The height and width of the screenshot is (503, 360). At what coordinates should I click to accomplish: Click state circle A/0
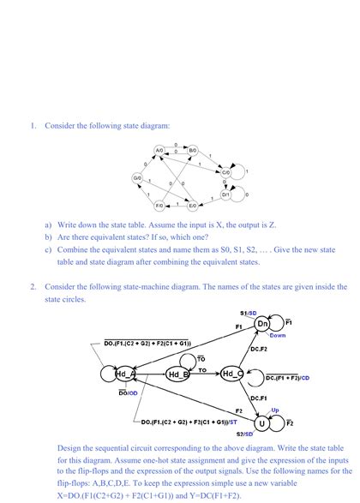coord(159,150)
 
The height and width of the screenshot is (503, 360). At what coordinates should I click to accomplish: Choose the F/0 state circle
coord(159,206)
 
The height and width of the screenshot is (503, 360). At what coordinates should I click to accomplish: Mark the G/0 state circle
coord(137,177)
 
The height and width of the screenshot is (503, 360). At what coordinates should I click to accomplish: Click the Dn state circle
coord(262,325)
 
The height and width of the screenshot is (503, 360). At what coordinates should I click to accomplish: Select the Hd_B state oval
coord(177,374)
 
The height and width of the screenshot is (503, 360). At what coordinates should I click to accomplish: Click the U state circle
coord(261,422)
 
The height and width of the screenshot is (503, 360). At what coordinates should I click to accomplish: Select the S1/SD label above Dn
coord(248,313)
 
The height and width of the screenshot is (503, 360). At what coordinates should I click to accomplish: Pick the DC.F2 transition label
coord(260,350)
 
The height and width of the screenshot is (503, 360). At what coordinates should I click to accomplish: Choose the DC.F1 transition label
coord(259,398)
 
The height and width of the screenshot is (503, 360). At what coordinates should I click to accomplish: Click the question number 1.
coord(32,126)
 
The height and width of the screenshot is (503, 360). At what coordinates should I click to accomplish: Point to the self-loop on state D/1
coord(241,195)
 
